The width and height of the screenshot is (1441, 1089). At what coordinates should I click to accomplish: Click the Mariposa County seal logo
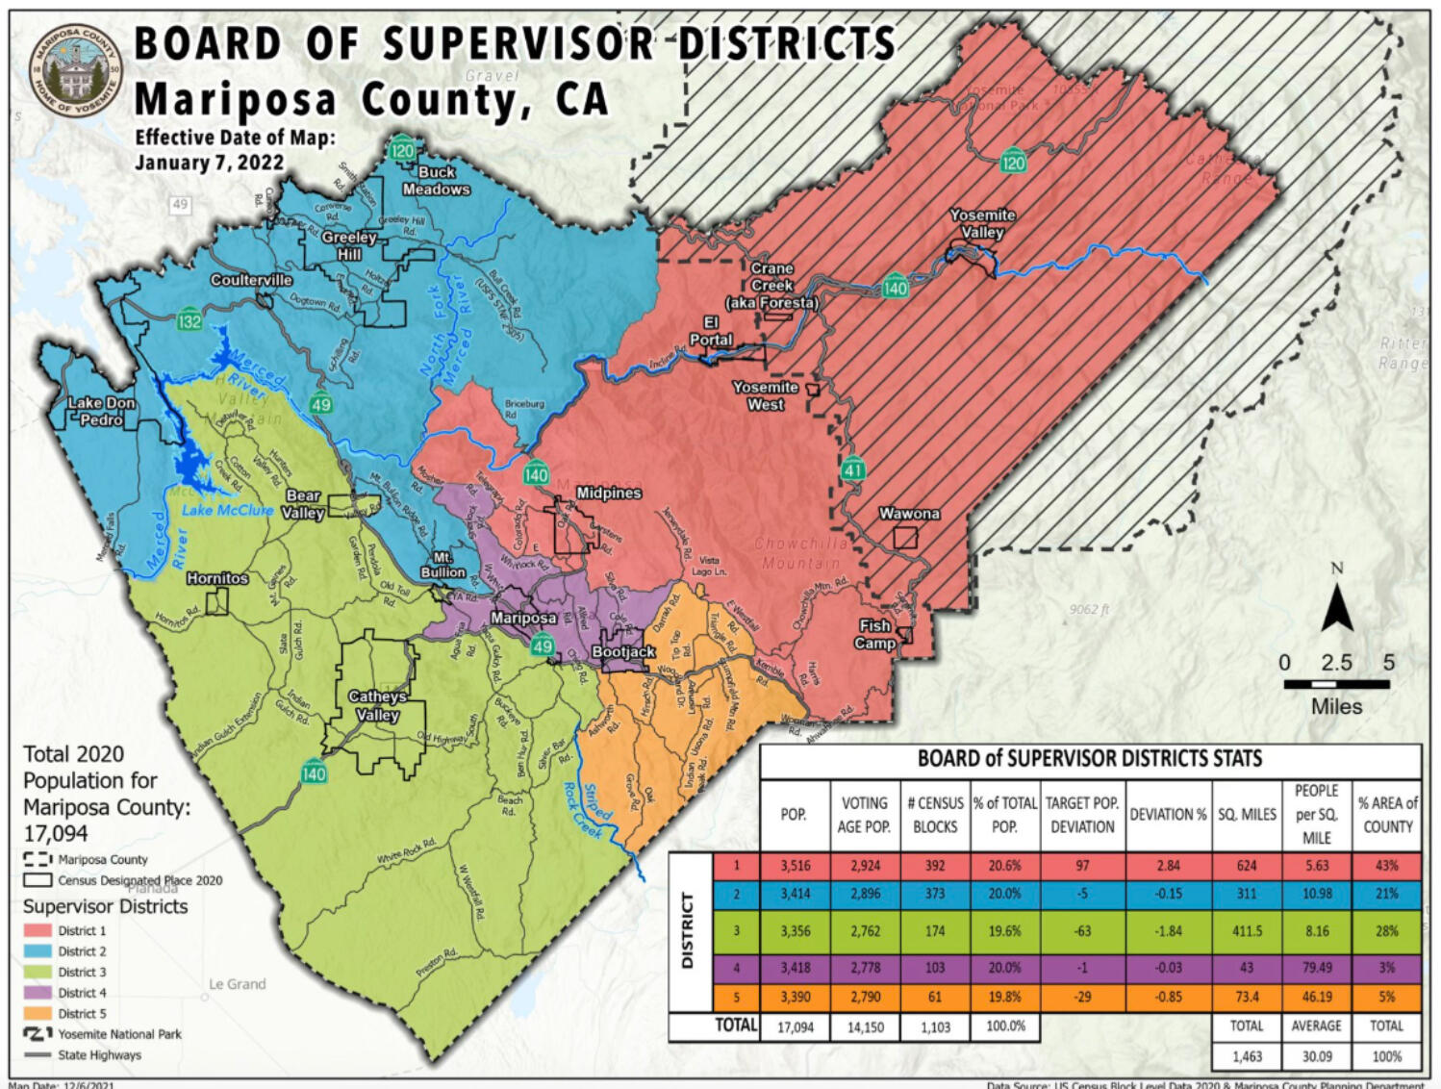tap(76, 70)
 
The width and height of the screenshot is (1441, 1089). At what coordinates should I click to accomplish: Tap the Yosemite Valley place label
tap(982, 223)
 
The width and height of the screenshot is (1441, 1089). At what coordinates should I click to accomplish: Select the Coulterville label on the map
tap(251, 280)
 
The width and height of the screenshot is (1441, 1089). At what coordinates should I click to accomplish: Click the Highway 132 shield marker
tap(190, 320)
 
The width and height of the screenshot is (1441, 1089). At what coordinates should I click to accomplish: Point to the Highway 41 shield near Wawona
tap(853, 469)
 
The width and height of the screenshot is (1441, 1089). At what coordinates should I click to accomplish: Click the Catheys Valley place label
tap(377, 705)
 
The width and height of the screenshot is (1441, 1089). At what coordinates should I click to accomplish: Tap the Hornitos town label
tap(217, 578)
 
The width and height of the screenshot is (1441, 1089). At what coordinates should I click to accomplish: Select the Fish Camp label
tap(874, 634)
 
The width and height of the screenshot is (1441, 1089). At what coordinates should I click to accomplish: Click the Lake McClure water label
tap(227, 510)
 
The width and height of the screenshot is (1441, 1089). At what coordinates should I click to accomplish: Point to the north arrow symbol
tap(1336, 601)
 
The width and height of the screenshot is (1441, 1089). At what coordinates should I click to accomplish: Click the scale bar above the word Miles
tap(1336, 684)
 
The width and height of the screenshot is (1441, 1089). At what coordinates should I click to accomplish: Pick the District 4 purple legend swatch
tap(38, 993)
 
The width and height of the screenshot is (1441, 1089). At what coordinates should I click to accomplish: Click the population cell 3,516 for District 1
tap(795, 865)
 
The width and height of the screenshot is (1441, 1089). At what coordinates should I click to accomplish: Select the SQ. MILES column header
tap(1247, 814)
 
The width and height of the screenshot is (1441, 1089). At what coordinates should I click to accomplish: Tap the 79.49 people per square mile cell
tap(1316, 968)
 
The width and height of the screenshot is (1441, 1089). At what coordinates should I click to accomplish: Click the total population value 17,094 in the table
tap(795, 1026)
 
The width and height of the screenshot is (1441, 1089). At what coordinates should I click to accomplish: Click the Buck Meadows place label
tap(436, 180)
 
